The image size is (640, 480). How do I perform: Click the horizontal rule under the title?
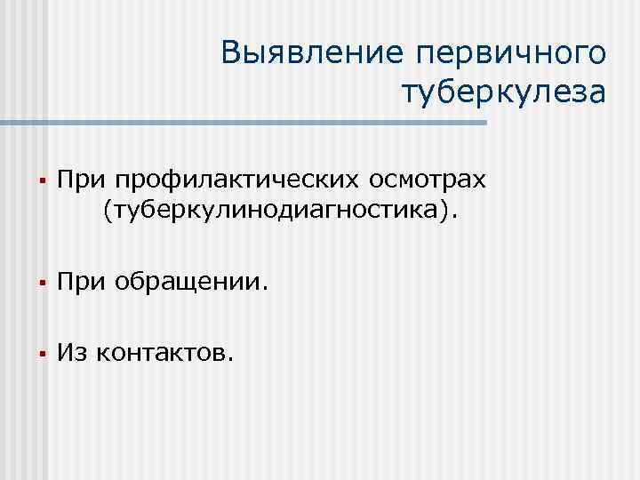[249, 122]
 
